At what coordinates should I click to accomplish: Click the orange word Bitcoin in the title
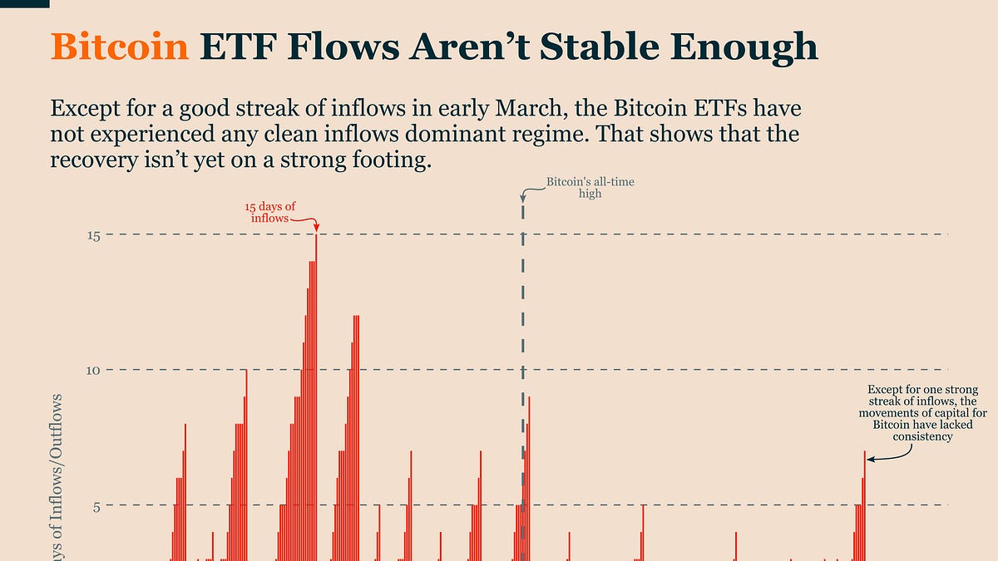pyautogui.click(x=120, y=48)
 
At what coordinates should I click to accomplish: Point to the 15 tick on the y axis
pyautogui.click(x=93, y=235)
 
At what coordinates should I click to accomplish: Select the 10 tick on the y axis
pyautogui.click(x=93, y=370)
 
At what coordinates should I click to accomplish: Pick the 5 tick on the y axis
pyautogui.click(x=96, y=504)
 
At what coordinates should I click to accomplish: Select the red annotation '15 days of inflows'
pyautogui.click(x=270, y=212)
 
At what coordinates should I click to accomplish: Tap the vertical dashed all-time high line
pyautogui.click(x=523, y=332)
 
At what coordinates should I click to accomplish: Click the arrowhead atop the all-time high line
pyautogui.click(x=523, y=198)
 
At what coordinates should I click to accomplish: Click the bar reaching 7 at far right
pyautogui.click(x=865, y=507)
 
